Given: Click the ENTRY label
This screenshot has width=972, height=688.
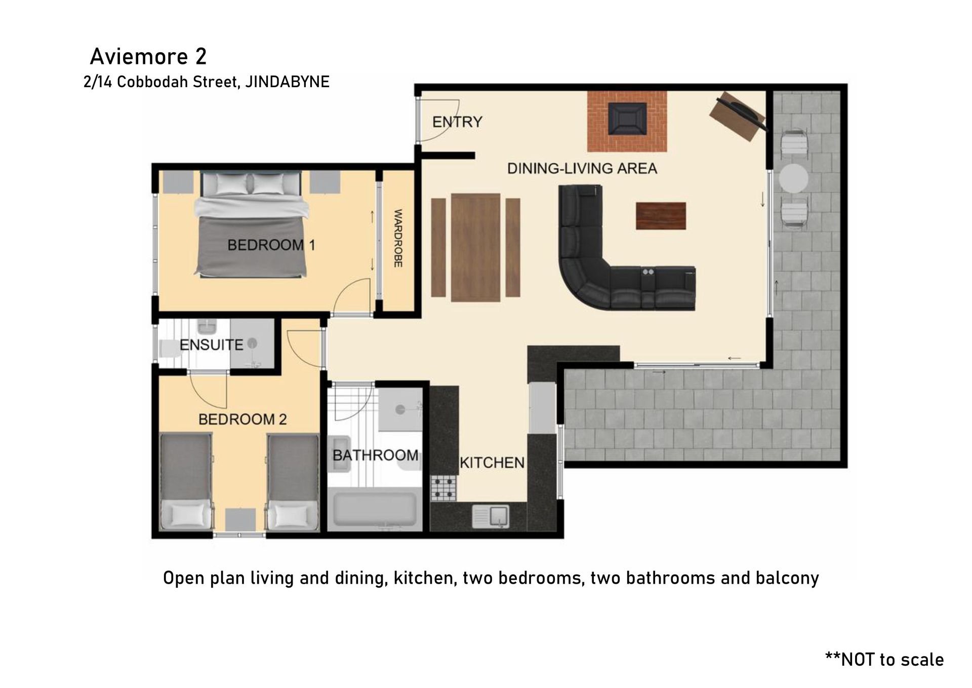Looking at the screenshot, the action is tap(457, 122).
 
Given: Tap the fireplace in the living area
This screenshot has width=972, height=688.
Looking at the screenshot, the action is tap(627, 121).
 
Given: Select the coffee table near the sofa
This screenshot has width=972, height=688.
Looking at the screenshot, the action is tap(661, 216).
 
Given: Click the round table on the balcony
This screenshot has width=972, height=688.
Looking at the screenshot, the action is tap(793, 178).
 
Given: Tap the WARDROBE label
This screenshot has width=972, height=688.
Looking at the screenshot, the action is tap(398, 238).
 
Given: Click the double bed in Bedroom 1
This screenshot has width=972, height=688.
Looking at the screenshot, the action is tap(252, 224).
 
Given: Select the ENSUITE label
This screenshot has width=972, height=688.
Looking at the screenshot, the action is tap(212, 345).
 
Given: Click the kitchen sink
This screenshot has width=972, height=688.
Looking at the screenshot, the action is tap(491, 516).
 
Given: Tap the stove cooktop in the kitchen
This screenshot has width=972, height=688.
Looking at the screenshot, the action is tap(443, 488).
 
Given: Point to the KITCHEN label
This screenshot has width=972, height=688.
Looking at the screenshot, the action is tap(492, 463).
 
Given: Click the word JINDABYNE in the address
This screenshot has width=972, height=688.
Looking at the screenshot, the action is tap(287, 82).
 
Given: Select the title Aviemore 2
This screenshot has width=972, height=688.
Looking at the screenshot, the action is tap(148, 56).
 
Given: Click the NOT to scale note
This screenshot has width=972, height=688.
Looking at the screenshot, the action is tap(884, 659).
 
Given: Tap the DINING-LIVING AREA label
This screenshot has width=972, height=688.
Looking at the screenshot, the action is tap(582, 168).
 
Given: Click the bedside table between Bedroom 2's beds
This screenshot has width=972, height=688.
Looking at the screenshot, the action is tap(240, 520).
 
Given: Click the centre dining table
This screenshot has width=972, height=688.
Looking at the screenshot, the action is tap(476, 247).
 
